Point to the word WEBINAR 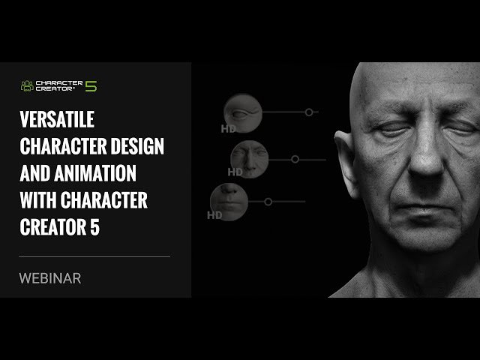point(49,277)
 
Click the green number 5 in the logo point(91,85)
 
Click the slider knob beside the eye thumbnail point(308,112)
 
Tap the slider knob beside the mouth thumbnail point(268,202)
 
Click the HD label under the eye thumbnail point(228,128)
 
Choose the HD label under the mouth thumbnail point(214,215)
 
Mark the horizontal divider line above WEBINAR point(94,256)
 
